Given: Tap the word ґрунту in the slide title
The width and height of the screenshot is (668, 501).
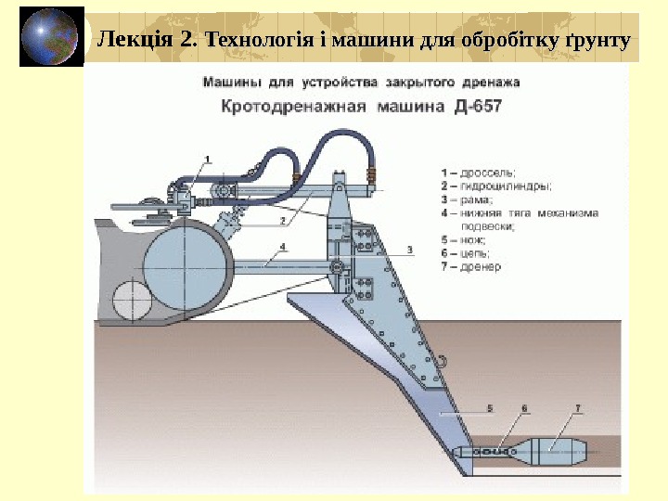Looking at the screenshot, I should click(597, 40).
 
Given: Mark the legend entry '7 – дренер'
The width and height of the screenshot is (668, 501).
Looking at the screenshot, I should click(472, 266).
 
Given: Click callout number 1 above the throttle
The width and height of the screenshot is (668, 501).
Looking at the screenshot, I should click(207, 159).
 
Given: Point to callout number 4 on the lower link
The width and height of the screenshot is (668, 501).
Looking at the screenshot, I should click(282, 248).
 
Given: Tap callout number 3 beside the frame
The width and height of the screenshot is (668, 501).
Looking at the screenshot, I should click(409, 249).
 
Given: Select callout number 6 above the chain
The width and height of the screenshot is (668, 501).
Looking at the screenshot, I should click(524, 408).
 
